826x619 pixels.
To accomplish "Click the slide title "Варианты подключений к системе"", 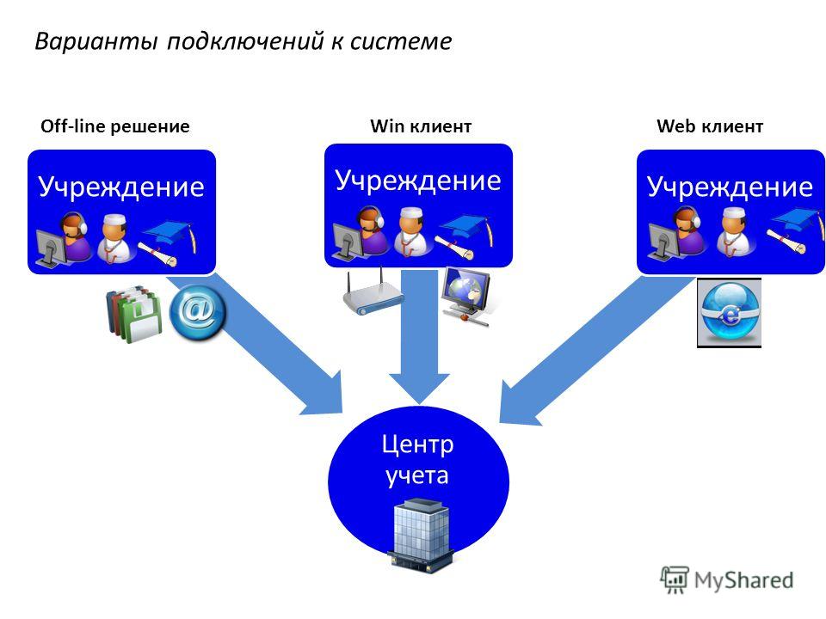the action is click(x=243, y=41).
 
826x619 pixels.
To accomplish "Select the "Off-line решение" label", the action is click(x=114, y=126).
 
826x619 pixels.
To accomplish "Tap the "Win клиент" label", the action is click(x=421, y=126).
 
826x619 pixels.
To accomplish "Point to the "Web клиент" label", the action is click(x=710, y=126).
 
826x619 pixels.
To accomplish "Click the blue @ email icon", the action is click(x=198, y=311).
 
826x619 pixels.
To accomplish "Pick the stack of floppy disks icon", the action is click(x=134, y=315).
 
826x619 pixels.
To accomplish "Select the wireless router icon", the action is click(x=372, y=295).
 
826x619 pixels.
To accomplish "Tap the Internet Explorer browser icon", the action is click(x=729, y=313).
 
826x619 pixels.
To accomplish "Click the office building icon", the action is click(x=421, y=536).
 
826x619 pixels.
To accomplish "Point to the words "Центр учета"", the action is click(x=417, y=460).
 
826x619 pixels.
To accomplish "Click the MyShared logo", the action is click(x=727, y=580).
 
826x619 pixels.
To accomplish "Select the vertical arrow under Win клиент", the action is click(x=419, y=337).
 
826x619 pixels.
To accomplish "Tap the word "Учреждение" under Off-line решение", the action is click(x=121, y=187).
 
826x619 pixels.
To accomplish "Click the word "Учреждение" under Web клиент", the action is click(x=730, y=187).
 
